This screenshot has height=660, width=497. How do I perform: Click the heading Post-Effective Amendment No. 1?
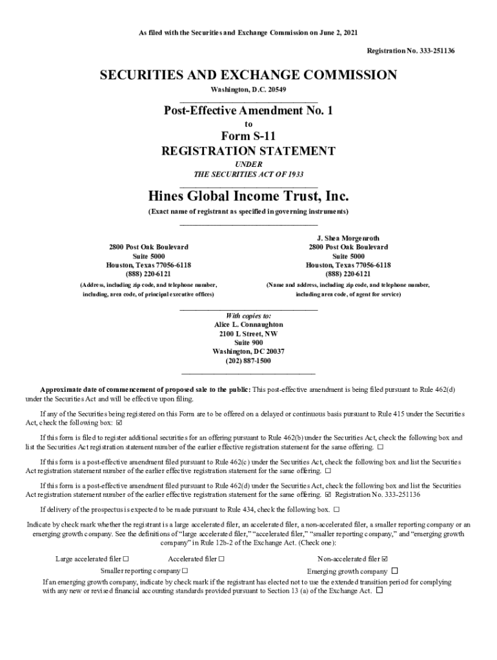point(249,111)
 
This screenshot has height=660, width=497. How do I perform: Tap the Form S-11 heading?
point(249,136)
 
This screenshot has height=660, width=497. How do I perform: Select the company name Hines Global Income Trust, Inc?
point(249,195)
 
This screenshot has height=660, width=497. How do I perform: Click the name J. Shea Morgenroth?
point(348,238)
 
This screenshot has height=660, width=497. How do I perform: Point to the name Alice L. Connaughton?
point(249,325)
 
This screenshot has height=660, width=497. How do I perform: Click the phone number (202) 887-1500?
point(249,361)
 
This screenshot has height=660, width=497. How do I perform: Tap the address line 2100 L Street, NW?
point(249,334)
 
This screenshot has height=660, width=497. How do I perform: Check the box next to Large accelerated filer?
point(126,559)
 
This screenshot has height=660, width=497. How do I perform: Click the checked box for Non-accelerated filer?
point(385,559)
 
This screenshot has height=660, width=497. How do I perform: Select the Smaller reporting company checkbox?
point(185,571)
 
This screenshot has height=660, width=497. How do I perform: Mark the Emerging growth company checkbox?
point(395,571)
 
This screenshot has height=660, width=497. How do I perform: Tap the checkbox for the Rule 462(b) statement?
point(380,447)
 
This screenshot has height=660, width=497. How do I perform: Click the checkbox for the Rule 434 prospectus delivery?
point(336,509)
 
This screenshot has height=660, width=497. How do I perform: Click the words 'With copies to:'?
point(249,316)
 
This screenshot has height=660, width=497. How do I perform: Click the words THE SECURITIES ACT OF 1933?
point(249,175)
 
